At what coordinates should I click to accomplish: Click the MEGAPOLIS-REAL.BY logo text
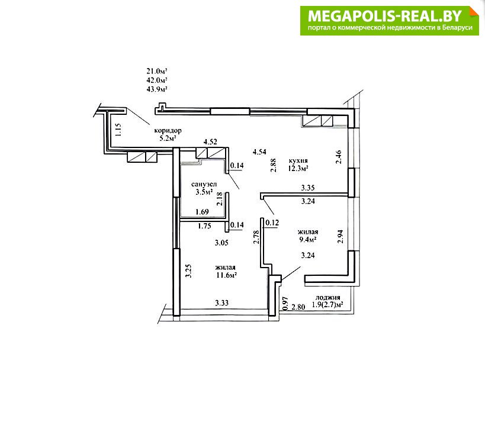(x=385, y=16)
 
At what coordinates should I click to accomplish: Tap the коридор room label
(x=168, y=130)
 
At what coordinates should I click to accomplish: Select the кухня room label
(x=298, y=161)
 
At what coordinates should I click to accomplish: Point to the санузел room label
(x=204, y=184)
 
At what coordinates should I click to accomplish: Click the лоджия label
(x=328, y=298)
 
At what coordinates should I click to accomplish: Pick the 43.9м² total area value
(x=157, y=89)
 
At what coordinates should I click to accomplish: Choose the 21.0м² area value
(x=157, y=71)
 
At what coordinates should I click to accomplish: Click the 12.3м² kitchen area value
(x=298, y=169)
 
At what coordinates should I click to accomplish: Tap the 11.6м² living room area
(x=226, y=275)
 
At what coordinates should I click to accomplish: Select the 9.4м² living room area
(x=308, y=239)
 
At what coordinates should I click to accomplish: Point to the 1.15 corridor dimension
(x=118, y=130)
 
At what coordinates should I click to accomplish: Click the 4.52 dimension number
(x=210, y=142)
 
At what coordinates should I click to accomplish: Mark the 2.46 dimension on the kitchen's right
(x=339, y=157)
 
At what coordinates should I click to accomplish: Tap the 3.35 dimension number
(x=308, y=188)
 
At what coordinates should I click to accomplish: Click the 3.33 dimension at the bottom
(x=222, y=303)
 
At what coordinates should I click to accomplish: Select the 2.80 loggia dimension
(x=298, y=307)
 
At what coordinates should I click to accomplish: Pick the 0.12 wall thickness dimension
(x=272, y=223)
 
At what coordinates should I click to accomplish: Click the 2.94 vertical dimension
(x=341, y=237)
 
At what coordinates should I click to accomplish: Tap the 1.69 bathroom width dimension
(x=202, y=212)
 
